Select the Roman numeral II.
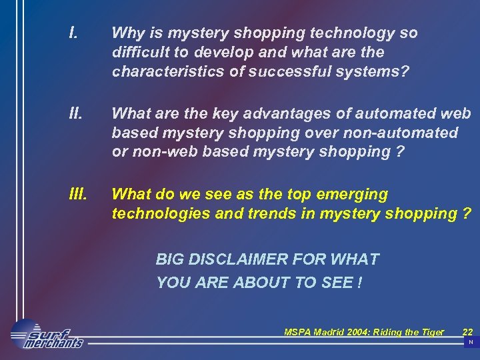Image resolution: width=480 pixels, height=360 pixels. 75,113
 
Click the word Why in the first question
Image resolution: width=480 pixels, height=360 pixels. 127,33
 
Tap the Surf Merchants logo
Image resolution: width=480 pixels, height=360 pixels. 47,334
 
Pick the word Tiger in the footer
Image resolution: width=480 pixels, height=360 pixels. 430,331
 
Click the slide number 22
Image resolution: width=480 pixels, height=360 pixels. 467,331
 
